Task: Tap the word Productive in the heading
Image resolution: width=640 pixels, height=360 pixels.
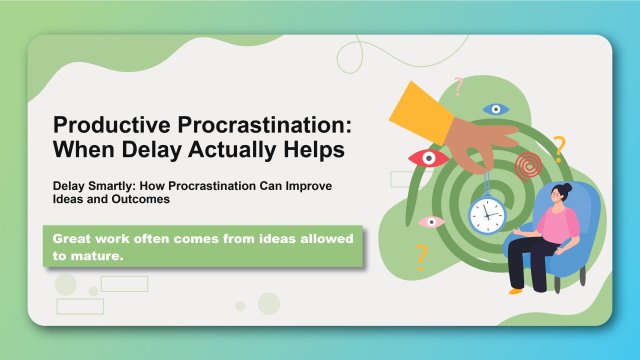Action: coord(104,128)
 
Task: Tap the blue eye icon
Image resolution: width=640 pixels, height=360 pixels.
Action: coord(494,109)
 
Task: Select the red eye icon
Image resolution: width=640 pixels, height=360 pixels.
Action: coord(429,158)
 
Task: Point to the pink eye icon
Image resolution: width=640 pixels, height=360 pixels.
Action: coord(431,222)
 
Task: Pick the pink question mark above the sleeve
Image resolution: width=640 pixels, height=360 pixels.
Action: coord(459,87)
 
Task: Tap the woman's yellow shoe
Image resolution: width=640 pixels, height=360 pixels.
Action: coord(515,291)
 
